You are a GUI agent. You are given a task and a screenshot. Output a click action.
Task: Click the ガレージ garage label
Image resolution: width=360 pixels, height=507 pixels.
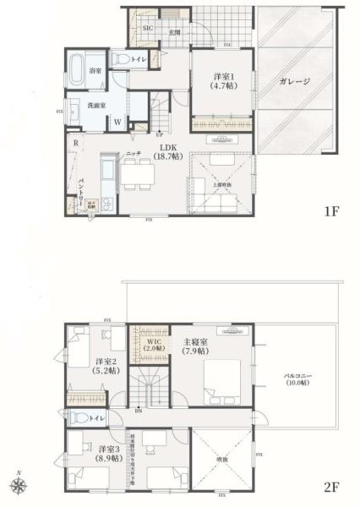[x=294, y=82]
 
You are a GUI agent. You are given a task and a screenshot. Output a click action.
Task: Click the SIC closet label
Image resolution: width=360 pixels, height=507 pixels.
[x=147, y=28]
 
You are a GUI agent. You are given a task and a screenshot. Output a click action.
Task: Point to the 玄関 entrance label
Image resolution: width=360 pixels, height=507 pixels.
[x=175, y=32]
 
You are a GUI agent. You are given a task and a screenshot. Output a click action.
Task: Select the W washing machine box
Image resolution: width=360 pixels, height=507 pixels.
[x=118, y=121]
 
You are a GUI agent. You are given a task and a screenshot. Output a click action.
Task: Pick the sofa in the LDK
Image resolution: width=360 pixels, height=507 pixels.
[x=221, y=204]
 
